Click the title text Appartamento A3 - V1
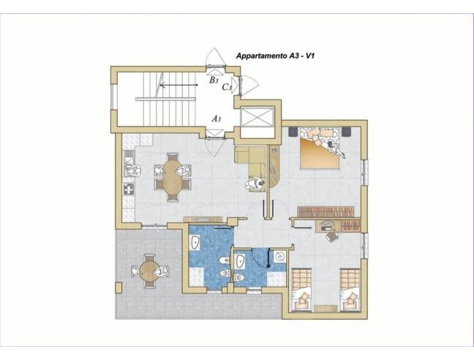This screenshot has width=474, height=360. click(275, 56)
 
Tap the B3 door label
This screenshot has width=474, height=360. click(214, 80)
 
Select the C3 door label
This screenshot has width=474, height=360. click(227, 87)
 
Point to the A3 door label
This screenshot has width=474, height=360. click(216, 119)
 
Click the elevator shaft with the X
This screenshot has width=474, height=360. click(257, 116)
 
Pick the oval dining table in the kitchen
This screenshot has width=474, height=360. click(173, 177)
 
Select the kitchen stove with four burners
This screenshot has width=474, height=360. click(129, 190)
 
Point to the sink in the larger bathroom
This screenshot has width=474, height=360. click(195, 242)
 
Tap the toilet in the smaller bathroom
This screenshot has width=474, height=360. click(239, 277)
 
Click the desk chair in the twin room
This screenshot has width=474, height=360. click(331, 236)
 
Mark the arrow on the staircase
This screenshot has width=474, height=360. click(178, 85)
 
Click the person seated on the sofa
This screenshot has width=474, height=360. click(255, 184)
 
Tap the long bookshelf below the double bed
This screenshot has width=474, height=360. click(326, 211)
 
